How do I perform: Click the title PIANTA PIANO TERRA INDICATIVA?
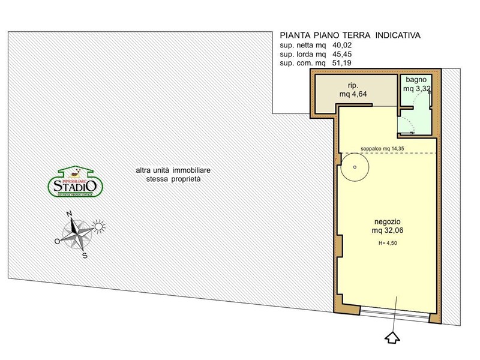(350, 35)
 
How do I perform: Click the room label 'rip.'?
(353, 85)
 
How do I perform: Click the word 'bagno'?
(416, 79)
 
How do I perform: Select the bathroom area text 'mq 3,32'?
(416, 88)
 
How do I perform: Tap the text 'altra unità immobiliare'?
(173, 171)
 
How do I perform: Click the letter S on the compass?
(85, 255)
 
